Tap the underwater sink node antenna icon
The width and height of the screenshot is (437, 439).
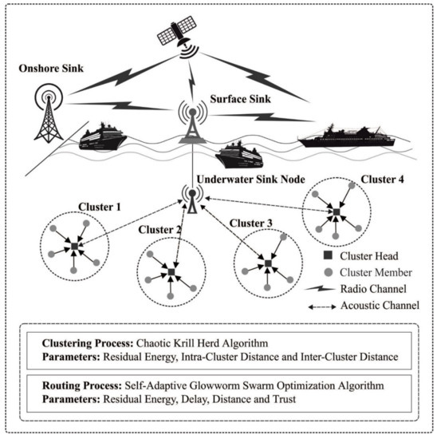point(191,200)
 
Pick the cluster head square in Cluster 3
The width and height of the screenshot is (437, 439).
point(269,263)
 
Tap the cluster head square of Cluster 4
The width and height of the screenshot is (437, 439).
point(337,212)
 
